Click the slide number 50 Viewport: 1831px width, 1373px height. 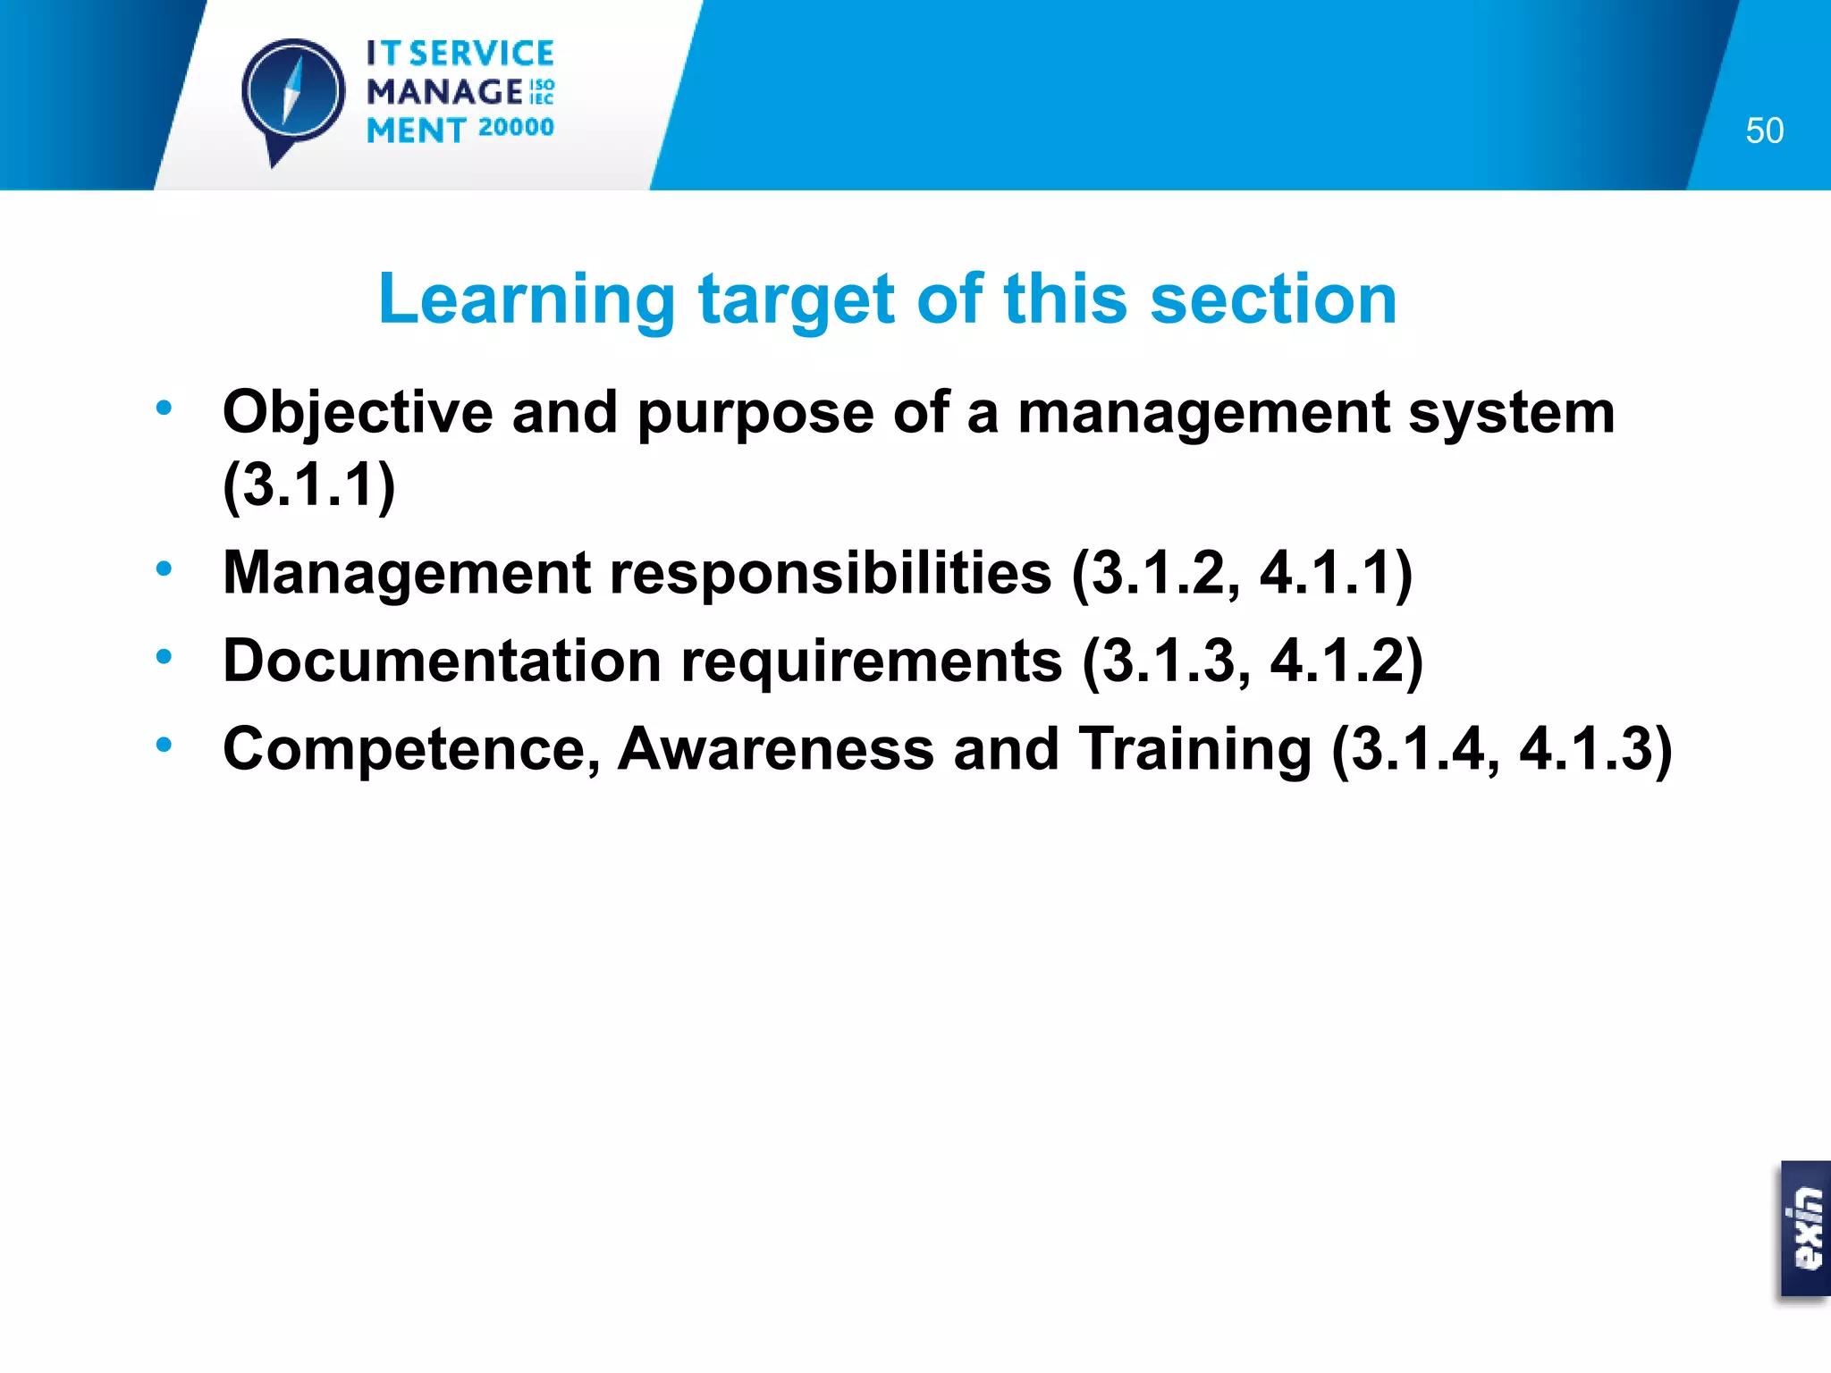coord(1764,131)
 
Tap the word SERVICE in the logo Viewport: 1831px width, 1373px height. coord(481,54)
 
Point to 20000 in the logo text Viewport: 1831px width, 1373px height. coord(516,128)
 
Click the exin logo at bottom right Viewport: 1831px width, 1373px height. coord(1805,1228)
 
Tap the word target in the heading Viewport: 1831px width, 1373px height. coord(796,299)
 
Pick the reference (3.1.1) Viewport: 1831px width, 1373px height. coord(308,484)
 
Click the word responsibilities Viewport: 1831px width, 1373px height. coord(831,572)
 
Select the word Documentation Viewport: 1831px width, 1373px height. coord(442,661)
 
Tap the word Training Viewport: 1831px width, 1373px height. coord(1194,749)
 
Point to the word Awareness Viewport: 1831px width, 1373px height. coord(776,749)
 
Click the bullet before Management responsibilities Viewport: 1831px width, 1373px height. coord(164,569)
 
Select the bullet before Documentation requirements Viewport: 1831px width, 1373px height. coord(164,657)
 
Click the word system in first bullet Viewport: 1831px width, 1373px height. coord(1512,413)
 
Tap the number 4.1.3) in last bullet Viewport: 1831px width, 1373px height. coord(1595,749)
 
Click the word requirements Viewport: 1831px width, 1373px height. coord(872,662)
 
